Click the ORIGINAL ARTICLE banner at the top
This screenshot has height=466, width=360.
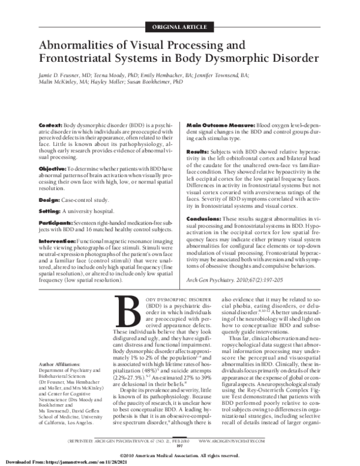(179, 26)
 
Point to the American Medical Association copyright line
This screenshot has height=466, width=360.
(179, 455)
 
